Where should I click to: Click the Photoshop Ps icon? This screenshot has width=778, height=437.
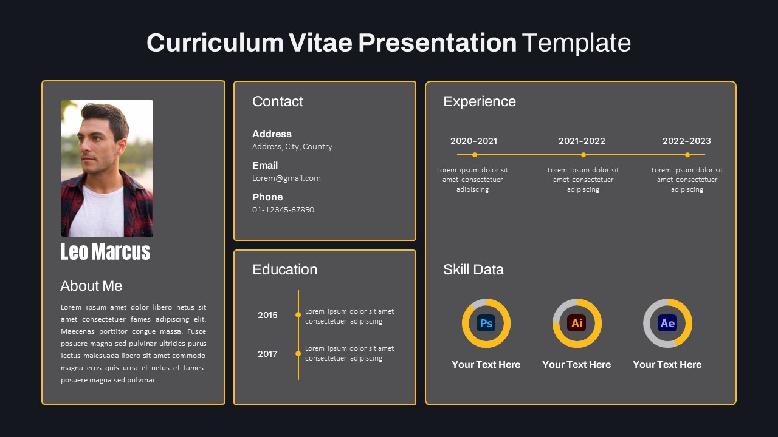[x=486, y=323]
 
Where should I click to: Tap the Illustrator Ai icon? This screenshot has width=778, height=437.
[x=577, y=323]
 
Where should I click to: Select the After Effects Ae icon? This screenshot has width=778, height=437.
[x=667, y=323]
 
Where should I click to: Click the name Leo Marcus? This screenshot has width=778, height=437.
[x=105, y=251]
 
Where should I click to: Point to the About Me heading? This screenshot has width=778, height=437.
[x=91, y=286]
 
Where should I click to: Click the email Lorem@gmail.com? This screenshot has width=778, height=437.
[x=286, y=178]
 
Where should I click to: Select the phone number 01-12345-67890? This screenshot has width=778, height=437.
[x=283, y=209]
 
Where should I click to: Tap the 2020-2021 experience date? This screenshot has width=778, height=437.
[x=473, y=141]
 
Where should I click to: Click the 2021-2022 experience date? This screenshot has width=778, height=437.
[x=582, y=141]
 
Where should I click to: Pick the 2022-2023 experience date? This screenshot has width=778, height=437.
[x=687, y=141]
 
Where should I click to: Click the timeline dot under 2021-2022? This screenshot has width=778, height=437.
[x=583, y=155]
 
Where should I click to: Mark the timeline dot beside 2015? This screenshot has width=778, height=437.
[x=298, y=315]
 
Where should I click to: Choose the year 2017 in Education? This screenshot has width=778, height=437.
[x=267, y=354]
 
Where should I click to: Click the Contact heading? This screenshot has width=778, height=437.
[x=278, y=101]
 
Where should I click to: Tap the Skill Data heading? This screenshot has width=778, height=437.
[x=473, y=269]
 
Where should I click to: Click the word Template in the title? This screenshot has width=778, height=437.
[x=576, y=43]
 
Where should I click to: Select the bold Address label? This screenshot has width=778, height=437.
[x=272, y=134]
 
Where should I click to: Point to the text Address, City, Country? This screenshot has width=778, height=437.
[x=292, y=147]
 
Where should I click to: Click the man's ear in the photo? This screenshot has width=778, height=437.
[x=122, y=146]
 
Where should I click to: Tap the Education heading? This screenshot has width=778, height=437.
[x=285, y=269]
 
